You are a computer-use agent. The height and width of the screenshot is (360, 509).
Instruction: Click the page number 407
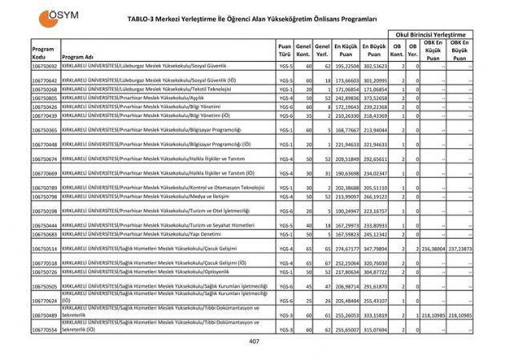click(x=254, y=342)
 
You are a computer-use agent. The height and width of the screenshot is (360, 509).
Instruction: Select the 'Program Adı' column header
click(x=78, y=58)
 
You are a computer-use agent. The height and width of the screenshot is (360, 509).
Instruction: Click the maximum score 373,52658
click(x=375, y=98)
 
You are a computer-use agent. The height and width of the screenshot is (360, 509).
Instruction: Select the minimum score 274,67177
click(x=346, y=249)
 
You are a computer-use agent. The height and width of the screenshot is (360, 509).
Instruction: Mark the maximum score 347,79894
click(x=375, y=249)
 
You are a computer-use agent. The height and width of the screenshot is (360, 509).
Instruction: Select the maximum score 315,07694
click(x=375, y=329)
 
